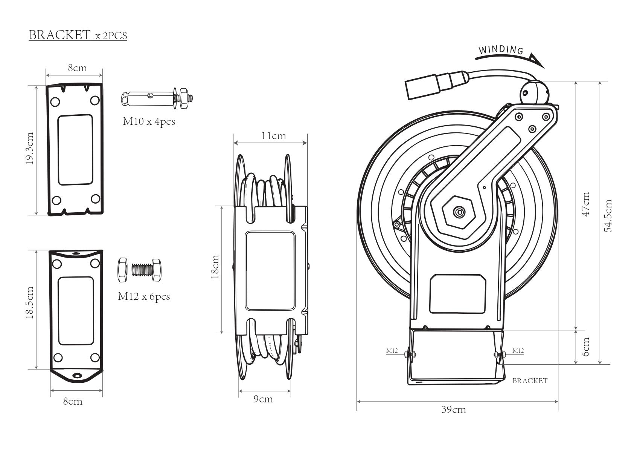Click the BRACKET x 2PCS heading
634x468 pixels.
[78, 35]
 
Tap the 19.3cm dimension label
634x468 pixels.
[30, 148]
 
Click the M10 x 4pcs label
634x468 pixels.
[149, 121]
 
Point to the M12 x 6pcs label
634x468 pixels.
[144, 296]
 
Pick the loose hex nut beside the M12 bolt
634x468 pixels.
[123, 270]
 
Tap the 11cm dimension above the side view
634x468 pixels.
[274, 136]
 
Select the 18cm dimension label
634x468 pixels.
[215, 267]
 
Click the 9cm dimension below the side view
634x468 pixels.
[263, 399]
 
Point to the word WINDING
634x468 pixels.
[501, 50]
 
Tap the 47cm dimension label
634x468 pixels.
[586, 204]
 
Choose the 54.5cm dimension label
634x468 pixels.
[608, 215]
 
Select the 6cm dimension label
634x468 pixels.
[586, 347]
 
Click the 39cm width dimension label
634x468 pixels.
[454, 410]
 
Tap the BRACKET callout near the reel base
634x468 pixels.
[530, 381]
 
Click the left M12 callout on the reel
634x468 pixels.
[392, 351]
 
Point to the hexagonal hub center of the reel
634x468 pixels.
[459, 212]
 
